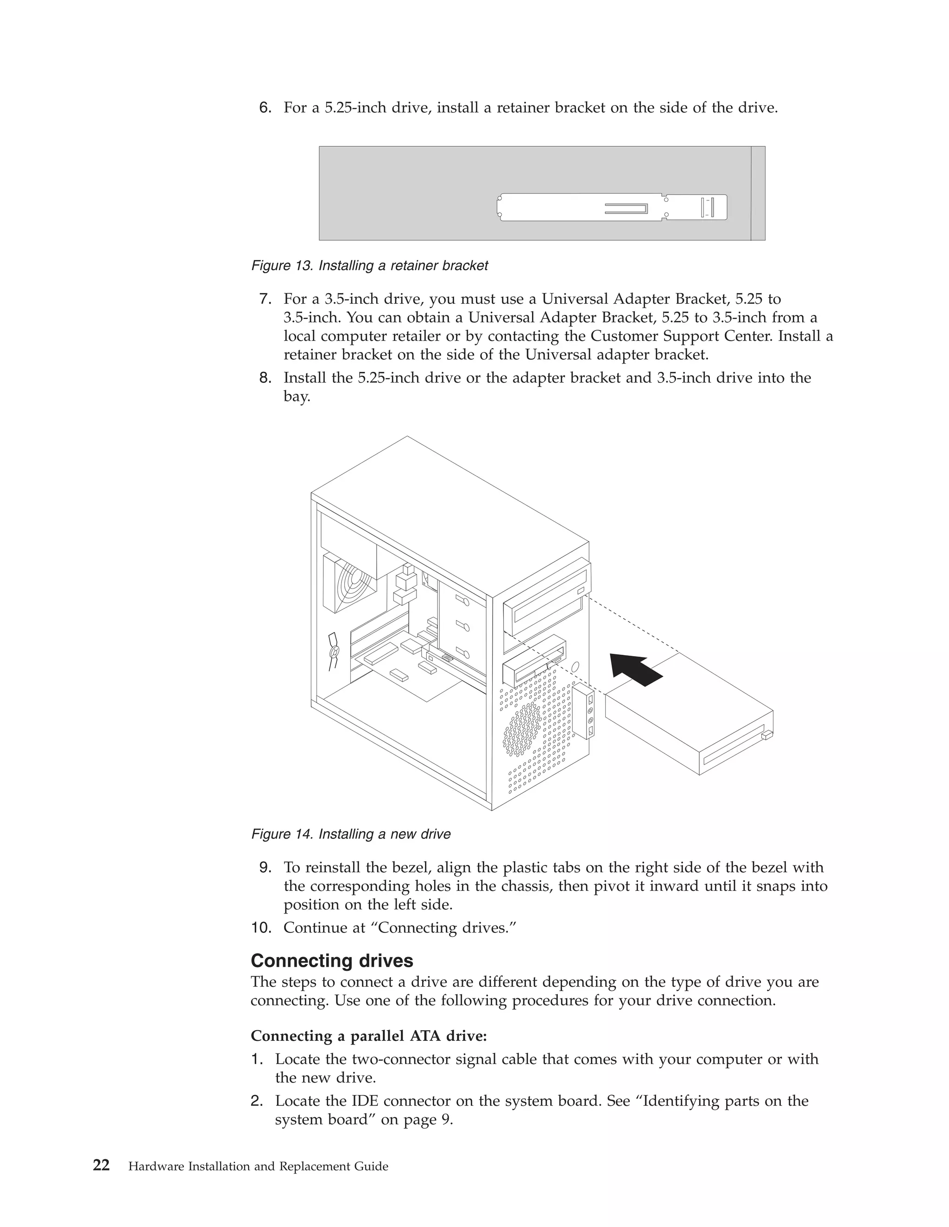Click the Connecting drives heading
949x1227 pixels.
332,961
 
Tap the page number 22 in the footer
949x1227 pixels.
101,1166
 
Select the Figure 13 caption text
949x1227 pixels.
369,266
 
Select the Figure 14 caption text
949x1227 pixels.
351,834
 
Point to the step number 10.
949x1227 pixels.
261,927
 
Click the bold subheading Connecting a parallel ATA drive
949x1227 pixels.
369,1035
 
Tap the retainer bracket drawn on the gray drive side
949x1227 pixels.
612,207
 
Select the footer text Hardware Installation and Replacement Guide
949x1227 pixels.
258,1166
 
